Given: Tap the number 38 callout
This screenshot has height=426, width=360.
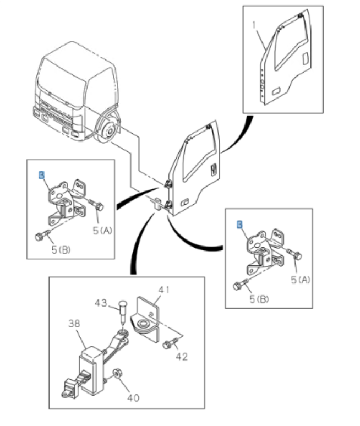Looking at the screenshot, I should tap(74, 324).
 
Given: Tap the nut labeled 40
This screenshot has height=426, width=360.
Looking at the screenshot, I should tap(117, 375).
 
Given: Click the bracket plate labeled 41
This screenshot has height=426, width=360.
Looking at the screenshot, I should tap(147, 316).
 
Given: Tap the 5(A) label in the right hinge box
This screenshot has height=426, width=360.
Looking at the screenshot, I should tap(301, 279).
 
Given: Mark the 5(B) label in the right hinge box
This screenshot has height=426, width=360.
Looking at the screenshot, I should tap(259, 300).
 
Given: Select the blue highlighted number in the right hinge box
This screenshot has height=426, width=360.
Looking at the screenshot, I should tap(239, 224).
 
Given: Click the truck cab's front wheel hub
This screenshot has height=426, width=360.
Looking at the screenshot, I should tap(108, 131).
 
